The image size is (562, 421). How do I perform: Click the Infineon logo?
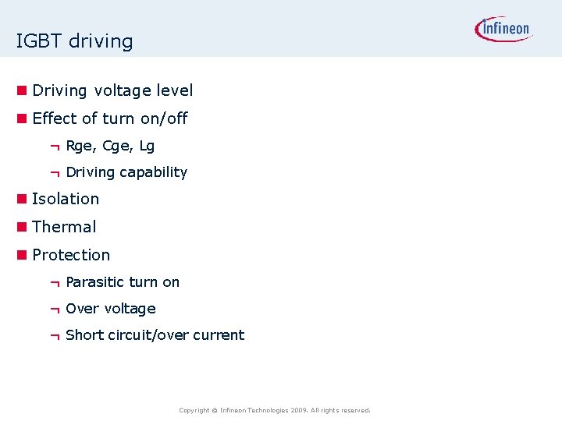coord(503,30)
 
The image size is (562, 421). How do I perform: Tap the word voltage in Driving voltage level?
coord(123,90)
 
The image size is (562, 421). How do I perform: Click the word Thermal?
coord(64,227)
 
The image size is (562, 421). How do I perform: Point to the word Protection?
coord(71,255)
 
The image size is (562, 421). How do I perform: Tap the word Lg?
coord(146,146)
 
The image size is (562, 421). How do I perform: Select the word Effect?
coord(55,119)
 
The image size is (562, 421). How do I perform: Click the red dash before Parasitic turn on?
coord(55,282)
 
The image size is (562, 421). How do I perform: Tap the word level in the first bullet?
coord(174,90)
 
